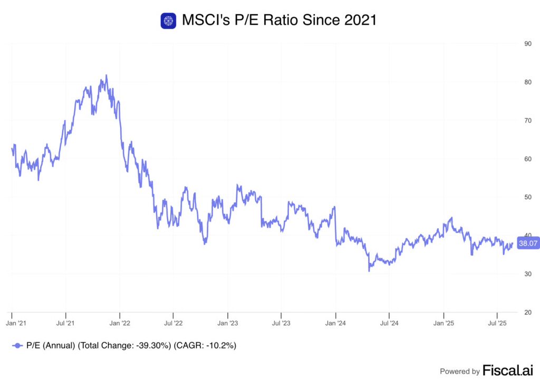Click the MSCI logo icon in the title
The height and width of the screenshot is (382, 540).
pyautogui.click(x=168, y=21)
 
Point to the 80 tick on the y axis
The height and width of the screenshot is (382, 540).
pyautogui.click(x=527, y=82)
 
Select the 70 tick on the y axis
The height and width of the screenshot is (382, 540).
pyautogui.click(x=527, y=120)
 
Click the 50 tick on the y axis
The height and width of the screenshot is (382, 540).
pyautogui.click(x=527, y=197)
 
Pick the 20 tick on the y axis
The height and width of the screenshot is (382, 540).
pyautogui.click(x=527, y=312)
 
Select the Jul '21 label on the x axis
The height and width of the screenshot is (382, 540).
pyautogui.click(x=65, y=322)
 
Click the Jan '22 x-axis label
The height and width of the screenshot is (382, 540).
pyautogui.click(x=120, y=322)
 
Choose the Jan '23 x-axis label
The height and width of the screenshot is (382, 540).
pyautogui.click(x=227, y=322)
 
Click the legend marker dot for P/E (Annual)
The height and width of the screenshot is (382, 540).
pyautogui.click(x=18, y=346)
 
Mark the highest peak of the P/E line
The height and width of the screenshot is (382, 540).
pyautogui.click(x=106, y=75)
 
